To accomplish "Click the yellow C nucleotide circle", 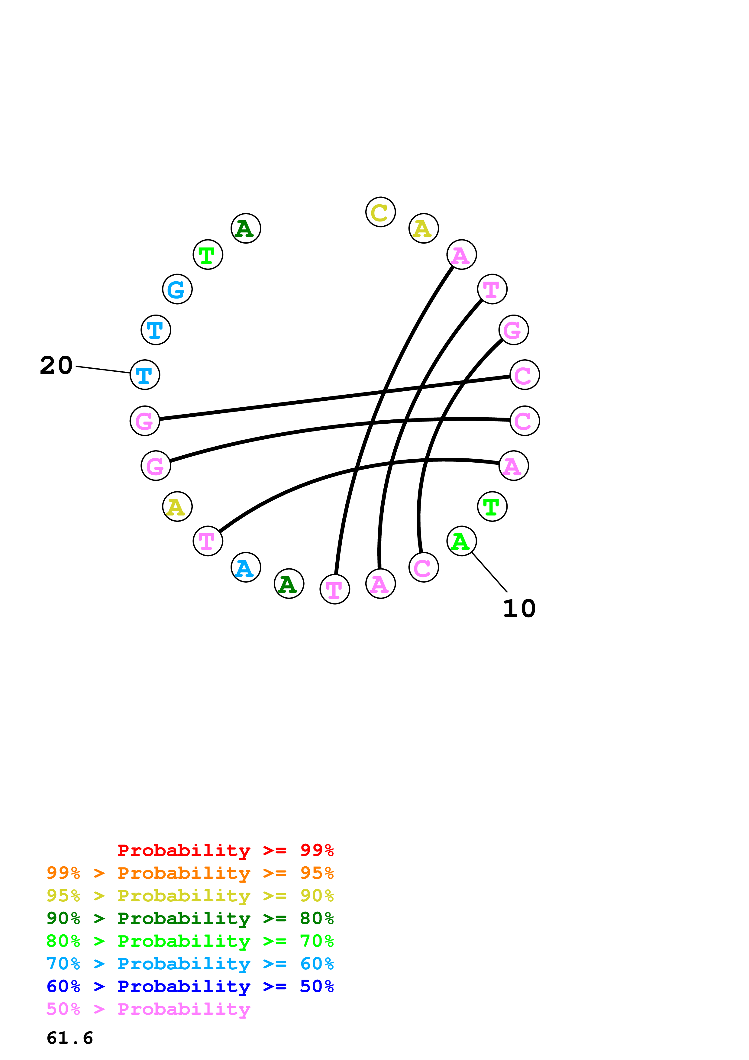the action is (x=380, y=212).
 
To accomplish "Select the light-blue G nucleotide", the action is (x=177, y=289).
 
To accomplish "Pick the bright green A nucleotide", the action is (x=461, y=541).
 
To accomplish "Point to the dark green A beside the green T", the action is (x=246, y=228).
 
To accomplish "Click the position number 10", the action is (x=519, y=609).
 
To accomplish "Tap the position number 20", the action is (x=56, y=366).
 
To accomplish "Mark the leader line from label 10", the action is (x=489, y=572).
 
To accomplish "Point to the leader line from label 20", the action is (x=102, y=369).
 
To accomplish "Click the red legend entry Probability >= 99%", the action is (x=225, y=850).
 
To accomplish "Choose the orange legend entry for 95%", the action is (x=190, y=873).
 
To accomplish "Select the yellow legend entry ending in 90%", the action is (x=190, y=896).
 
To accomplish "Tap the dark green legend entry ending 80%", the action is (x=190, y=918).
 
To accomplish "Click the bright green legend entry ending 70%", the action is (x=190, y=941).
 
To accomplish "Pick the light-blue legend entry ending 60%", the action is (x=190, y=964).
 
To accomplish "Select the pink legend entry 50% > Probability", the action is (x=148, y=1009).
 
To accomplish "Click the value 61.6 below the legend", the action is (x=70, y=1038).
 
